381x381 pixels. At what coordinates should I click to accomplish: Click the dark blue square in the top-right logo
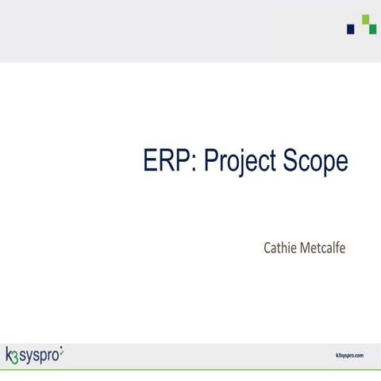coord(351,29)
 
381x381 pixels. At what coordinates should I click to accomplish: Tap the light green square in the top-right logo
coord(365,19)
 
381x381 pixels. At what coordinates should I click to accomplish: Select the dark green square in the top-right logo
coord(371,29)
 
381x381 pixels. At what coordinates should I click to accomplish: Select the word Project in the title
coord(242,162)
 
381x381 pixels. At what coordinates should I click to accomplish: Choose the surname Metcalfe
coord(323,248)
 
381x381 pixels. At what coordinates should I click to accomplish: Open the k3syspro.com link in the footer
coord(349,355)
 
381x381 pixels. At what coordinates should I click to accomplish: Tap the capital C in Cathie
coord(267,248)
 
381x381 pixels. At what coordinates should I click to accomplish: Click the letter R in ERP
coord(167,161)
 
